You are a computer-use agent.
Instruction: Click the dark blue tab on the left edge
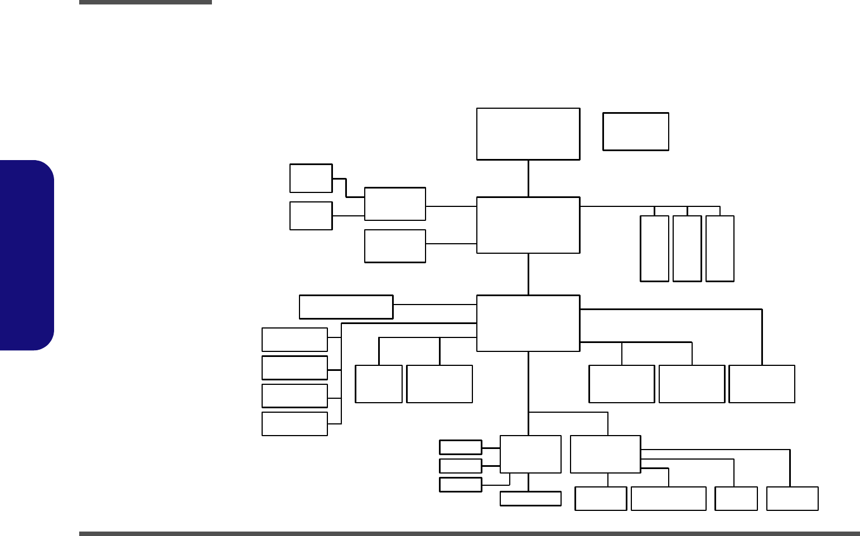(27, 255)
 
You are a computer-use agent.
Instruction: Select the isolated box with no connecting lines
(635, 132)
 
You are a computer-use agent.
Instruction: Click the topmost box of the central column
(528, 134)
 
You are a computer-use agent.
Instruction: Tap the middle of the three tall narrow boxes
(687, 248)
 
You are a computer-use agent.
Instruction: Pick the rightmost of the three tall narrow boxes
(719, 248)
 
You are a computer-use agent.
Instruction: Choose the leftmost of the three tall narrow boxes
(654, 248)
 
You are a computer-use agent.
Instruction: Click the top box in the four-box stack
(294, 340)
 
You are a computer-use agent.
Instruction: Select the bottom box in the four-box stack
(294, 424)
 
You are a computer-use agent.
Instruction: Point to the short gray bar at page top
(145, 2)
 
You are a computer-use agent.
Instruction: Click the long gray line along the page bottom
(468, 534)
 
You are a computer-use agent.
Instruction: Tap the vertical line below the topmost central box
(528, 178)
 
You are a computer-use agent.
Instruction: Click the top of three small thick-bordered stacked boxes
(460, 447)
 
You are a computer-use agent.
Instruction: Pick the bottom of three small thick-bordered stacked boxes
(460, 485)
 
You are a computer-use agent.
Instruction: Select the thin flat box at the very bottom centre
(530, 499)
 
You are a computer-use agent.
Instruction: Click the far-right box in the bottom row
(792, 499)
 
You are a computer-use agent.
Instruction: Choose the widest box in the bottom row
(668, 499)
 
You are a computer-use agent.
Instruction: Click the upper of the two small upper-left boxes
(311, 178)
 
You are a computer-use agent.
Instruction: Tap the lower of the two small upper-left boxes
(311, 216)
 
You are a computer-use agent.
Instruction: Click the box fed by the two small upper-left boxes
(395, 204)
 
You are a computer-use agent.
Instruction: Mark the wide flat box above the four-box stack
(346, 307)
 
